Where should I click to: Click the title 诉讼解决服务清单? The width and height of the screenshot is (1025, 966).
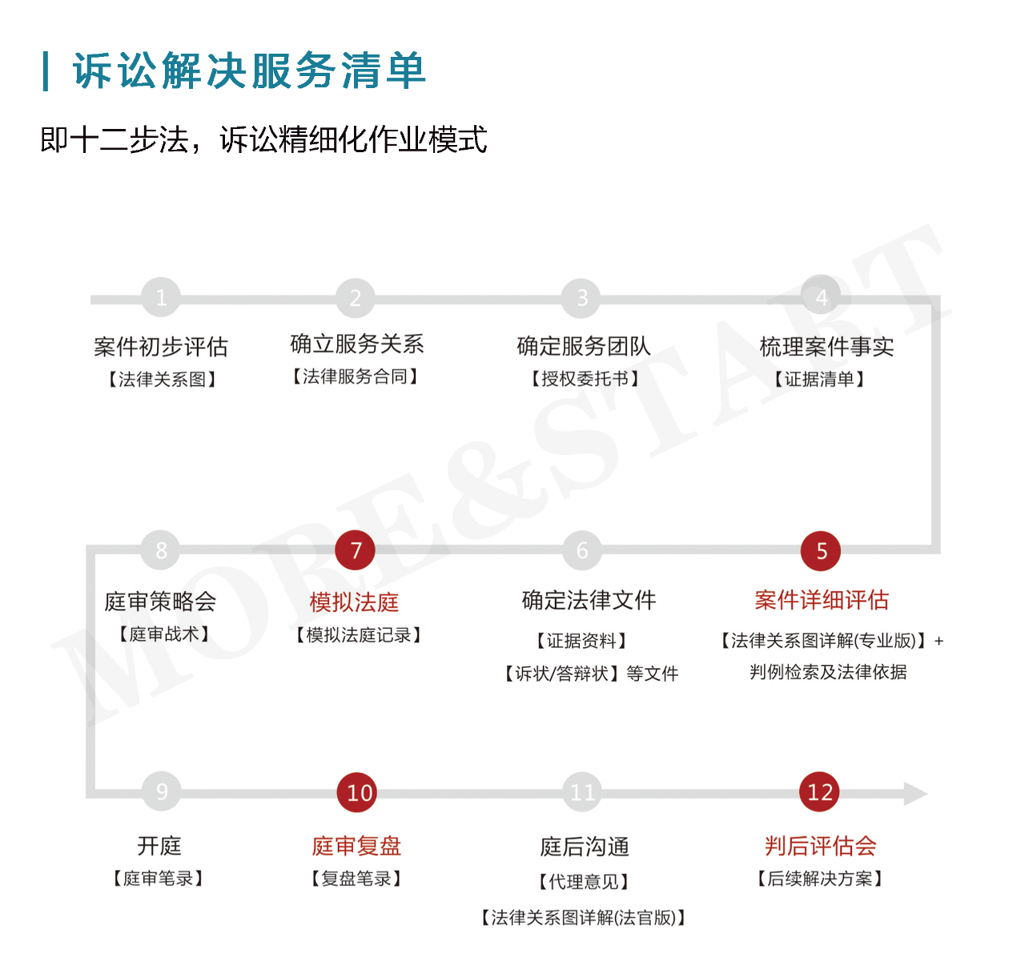click(x=249, y=70)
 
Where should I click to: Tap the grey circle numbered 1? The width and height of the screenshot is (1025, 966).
click(x=161, y=298)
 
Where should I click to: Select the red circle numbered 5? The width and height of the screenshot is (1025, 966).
click(x=821, y=551)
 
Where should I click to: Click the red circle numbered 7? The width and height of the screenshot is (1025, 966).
click(x=356, y=550)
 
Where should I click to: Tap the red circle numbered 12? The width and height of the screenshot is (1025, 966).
click(x=820, y=792)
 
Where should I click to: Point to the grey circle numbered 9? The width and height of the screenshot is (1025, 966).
click(x=161, y=791)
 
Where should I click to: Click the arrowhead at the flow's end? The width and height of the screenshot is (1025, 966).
click(x=915, y=794)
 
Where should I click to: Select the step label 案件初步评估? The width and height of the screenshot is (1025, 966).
click(x=161, y=347)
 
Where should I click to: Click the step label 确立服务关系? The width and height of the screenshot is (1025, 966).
click(x=356, y=344)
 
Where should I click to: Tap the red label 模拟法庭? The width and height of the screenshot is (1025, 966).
click(x=354, y=602)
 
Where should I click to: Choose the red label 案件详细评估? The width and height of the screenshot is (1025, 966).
click(x=822, y=600)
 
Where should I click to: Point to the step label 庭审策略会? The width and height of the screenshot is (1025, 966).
click(x=160, y=601)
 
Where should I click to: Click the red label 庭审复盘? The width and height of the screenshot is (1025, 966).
click(x=356, y=846)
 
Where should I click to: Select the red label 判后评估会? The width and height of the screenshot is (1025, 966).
click(x=820, y=846)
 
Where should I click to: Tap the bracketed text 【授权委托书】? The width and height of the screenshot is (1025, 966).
click(x=585, y=379)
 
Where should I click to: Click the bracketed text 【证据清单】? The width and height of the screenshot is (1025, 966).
click(x=819, y=379)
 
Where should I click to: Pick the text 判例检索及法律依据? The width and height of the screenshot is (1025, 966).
click(x=828, y=672)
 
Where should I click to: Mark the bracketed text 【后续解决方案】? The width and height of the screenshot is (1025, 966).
click(x=820, y=879)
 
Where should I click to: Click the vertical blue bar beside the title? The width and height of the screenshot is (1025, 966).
click(x=46, y=70)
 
